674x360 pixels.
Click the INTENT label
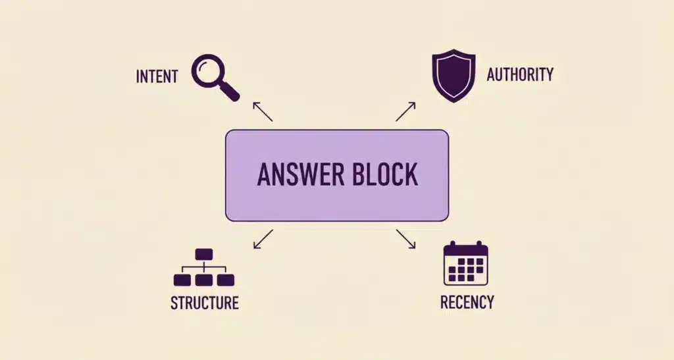[157, 76]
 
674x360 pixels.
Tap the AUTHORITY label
[520, 74]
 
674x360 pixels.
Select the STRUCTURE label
[204, 303]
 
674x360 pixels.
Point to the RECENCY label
[467, 302]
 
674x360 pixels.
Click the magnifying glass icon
[214, 77]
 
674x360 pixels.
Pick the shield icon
[454, 76]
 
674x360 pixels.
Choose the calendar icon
[465, 264]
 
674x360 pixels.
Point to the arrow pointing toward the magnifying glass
[262, 111]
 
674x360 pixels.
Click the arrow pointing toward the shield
[405, 111]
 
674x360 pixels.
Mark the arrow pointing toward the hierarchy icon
[263, 239]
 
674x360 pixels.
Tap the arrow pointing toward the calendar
[405, 239]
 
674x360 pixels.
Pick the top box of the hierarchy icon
[204, 253]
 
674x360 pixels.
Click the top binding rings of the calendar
[465, 245]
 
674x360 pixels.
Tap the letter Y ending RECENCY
[489, 302]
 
